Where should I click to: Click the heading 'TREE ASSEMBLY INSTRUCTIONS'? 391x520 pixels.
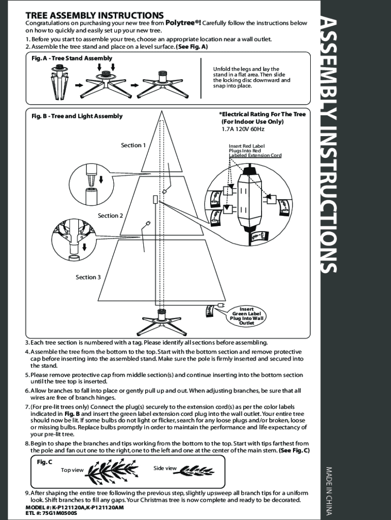point(94,16)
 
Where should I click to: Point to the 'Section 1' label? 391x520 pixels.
point(133,145)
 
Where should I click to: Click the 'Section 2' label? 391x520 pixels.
point(111,216)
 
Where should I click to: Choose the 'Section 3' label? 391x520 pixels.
point(88,277)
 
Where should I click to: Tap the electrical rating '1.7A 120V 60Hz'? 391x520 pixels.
point(243,129)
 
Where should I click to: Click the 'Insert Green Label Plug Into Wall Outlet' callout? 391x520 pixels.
point(247,316)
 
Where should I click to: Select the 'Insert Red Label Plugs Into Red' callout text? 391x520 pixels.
point(247,148)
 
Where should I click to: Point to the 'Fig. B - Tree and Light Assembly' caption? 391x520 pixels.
point(77,116)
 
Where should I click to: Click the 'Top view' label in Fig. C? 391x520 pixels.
point(72,470)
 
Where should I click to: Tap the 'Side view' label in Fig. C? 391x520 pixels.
point(165,468)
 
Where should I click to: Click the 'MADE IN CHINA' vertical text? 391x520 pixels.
point(329,491)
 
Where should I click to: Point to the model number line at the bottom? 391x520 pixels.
point(75,507)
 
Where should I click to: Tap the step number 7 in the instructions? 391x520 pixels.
point(27,407)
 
